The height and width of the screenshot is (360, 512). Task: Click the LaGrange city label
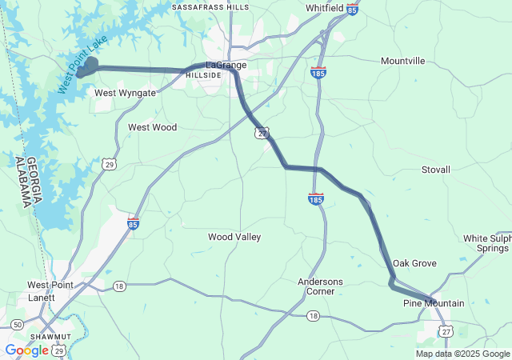pyautogui.click(x=226, y=65)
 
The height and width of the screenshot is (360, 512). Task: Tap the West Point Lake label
pyautogui.click(x=78, y=67)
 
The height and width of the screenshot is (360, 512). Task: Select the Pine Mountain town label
pyautogui.click(x=434, y=303)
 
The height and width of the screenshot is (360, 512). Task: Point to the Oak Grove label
pyautogui.click(x=414, y=263)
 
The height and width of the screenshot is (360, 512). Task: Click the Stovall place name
pyautogui.click(x=436, y=170)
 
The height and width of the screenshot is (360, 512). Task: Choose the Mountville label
pyautogui.click(x=403, y=61)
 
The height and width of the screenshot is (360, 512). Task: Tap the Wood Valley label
pyautogui.click(x=234, y=237)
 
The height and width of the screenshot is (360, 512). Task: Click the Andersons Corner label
pyautogui.click(x=320, y=286)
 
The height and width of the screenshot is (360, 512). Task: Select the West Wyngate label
pyautogui.click(x=125, y=93)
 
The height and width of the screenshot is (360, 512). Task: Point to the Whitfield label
pyautogui.click(x=325, y=8)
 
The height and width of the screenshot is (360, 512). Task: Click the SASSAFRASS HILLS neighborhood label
pyautogui.click(x=210, y=7)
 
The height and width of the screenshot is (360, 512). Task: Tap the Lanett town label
pyautogui.click(x=40, y=298)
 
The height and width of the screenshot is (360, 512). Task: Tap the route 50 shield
pyautogui.click(x=17, y=324)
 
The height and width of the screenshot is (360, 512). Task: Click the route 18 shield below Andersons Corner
pyautogui.click(x=313, y=317)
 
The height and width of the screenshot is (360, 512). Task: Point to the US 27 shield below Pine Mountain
pyautogui.click(x=446, y=331)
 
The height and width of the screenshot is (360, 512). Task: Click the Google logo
pyautogui.click(x=26, y=350)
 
